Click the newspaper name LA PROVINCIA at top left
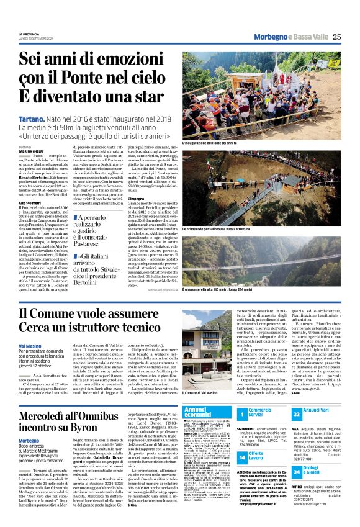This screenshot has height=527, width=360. (x=29, y=34)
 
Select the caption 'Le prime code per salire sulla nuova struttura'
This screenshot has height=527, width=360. (x=217, y=229)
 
